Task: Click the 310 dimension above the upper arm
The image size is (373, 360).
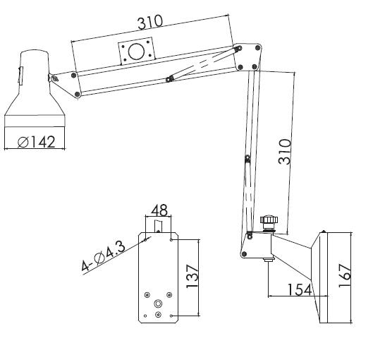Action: coord(150,22)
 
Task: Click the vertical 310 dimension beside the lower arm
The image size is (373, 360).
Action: coord(284,152)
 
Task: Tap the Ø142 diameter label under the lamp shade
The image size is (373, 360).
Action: coord(37,142)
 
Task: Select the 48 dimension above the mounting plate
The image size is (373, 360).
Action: coord(159,210)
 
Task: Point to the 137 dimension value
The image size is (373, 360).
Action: coord(192,276)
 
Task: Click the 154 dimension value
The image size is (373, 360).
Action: coord(300,289)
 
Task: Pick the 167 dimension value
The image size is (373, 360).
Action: coord(345,275)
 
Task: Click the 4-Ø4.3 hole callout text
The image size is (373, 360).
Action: coord(103,256)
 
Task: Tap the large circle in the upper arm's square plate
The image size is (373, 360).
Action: coord(136,52)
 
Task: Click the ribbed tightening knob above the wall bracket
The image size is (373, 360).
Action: coord(269,220)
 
